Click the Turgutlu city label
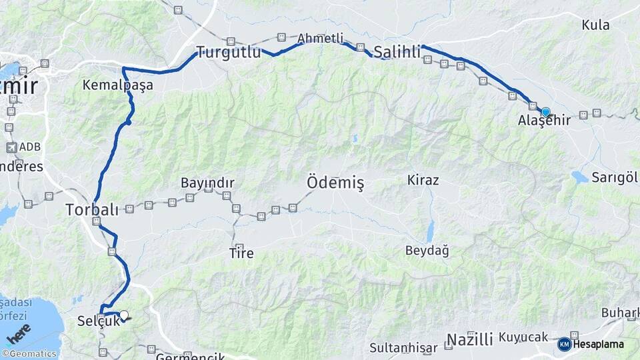[x=228, y=52]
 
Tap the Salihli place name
[x=397, y=51]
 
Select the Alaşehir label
[x=544, y=121]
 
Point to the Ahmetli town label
[x=321, y=38]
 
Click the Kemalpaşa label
[x=118, y=85]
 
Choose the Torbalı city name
[x=92, y=209]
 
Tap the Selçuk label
[x=97, y=321]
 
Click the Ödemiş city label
[x=335, y=182]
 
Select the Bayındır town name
[x=207, y=182]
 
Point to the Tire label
[x=241, y=253]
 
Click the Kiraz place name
[x=423, y=181]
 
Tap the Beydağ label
[x=427, y=251]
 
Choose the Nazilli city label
[x=469, y=339]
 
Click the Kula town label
[x=595, y=25]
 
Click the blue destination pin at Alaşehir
[x=545, y=112]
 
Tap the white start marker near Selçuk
[x=123, y=315]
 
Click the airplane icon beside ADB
[x=11, y=147]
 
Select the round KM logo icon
[x=565, y=344]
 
